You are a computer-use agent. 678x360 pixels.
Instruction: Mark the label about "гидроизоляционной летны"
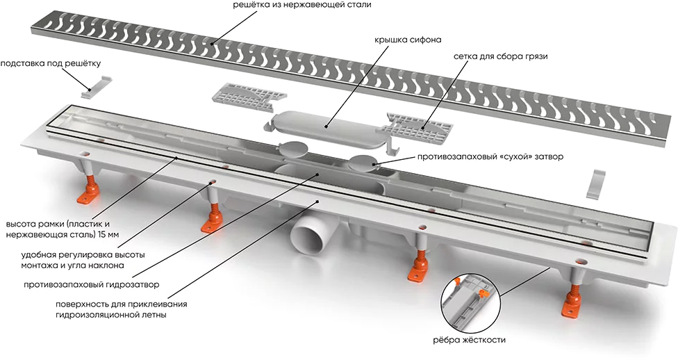pyautogui.click(x=111, y=315)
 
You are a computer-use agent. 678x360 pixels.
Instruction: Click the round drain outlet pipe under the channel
pyautogui.click(x=312, y=240)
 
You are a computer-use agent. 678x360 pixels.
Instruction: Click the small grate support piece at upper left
pyautogui.click(x=96, y=81)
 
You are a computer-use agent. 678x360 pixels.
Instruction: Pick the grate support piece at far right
pyautogui.click(x=597, y=183)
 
